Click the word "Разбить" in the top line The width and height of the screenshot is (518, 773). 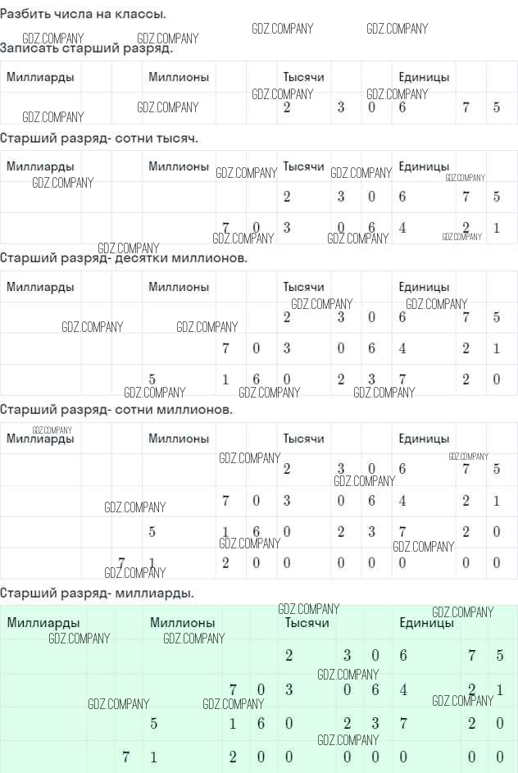24,14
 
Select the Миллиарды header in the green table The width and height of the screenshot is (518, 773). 43,623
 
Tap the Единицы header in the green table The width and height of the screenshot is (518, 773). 426,623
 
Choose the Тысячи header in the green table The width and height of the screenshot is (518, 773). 307,623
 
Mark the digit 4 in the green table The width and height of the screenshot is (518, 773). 403,690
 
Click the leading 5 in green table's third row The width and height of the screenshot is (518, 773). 153,724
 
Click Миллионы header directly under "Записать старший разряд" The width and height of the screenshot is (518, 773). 179,77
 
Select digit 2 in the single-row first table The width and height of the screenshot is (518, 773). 287,107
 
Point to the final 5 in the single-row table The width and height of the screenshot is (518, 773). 497,107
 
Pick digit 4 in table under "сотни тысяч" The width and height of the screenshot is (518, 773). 402,228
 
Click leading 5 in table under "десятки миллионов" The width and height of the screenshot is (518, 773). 152,379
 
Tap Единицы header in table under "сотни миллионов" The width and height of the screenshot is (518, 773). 424,439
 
